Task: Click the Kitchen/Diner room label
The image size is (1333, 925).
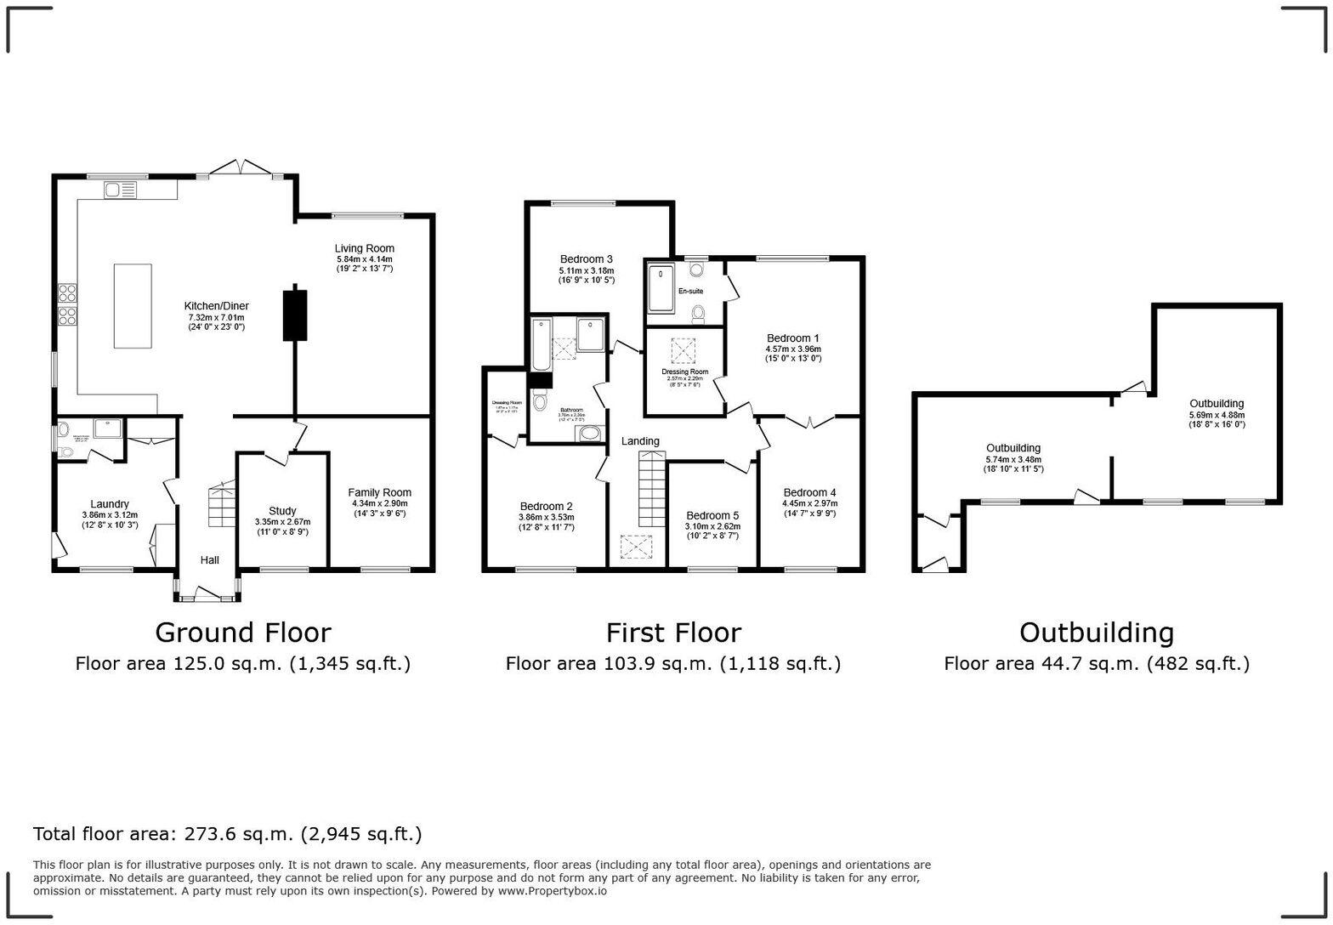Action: (x=216, y=306)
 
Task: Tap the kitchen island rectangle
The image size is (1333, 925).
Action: (x=133, y=305)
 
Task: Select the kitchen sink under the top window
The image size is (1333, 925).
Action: (x=121, y=190)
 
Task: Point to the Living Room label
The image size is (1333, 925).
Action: (x=364, y=248)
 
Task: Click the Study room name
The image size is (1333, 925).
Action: (x=282, y=511)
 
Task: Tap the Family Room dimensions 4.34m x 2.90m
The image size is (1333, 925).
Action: (x=379, y=503)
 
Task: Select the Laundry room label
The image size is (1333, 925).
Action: (x=110, y=504)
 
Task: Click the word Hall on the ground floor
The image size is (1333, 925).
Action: (x=209, y=560)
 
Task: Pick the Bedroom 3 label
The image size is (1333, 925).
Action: (x=586, y=259)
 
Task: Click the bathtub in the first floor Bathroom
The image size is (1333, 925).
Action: (x=541, y=344)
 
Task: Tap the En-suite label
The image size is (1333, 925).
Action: (x=690, y=292)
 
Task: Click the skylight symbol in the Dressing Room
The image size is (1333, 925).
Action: (x=684, y=350)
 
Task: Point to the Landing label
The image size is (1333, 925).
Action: (x=640, y=441)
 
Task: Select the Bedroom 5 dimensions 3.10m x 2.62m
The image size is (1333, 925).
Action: (x=712, y=526)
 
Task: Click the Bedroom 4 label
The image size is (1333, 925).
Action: (x=809, y=492)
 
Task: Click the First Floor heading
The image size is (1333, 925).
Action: (x=672, y=633)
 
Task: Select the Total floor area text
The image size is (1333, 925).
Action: (x=227, y=834)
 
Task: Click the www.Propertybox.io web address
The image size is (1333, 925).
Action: (x=552, y=891)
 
